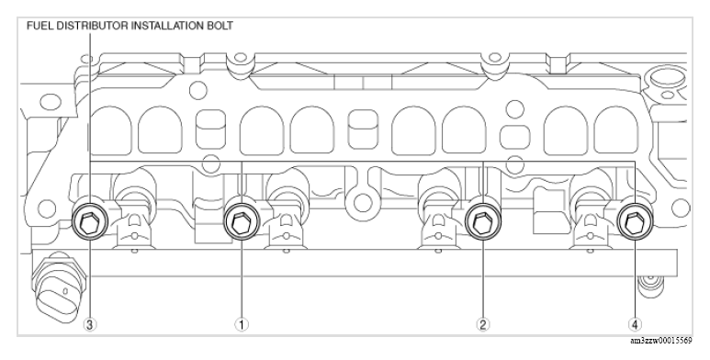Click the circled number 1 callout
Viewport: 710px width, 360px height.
pos(242,324)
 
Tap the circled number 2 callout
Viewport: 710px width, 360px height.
pos(482,324)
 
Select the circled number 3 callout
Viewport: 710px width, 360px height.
pos(90,324)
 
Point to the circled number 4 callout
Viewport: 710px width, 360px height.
pos(635,324)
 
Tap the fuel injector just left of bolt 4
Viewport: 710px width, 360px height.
pos(588,220)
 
